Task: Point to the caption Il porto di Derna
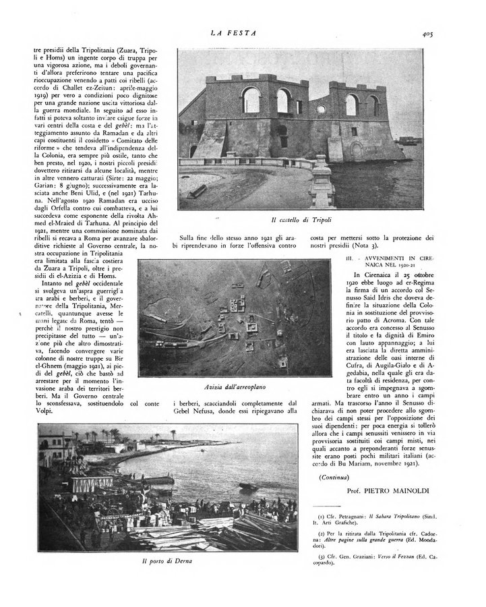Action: [167, 562]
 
